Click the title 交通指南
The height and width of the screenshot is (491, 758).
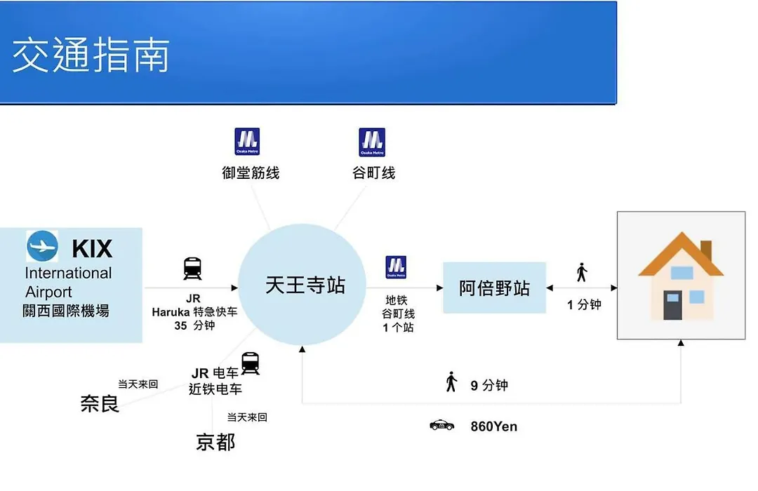[91, 55]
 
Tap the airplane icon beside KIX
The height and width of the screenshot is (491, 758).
[43, 246]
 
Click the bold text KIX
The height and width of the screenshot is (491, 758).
[92, 250]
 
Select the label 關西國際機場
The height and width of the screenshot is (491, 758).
[66, 311]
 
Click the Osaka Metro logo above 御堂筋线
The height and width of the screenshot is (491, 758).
[247, 142]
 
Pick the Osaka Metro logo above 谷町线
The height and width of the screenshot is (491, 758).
[372, 142]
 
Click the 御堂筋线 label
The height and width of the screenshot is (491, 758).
[251, 173]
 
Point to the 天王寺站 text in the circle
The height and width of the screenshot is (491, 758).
[305, 285]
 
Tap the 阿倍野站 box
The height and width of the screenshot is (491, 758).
[495, 288]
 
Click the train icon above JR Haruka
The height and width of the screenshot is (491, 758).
[192, 269]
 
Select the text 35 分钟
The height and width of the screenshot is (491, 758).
[194, 325]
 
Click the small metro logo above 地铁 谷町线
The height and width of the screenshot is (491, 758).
[396, 267]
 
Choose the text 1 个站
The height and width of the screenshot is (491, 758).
[399, 328]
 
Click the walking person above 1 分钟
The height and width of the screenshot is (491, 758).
[582, 272]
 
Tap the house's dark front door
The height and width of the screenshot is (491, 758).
[672, 305]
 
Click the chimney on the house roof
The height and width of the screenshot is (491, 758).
[706, 250]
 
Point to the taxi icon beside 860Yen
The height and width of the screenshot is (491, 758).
[442, 425]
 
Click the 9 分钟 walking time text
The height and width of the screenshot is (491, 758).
[489, 386]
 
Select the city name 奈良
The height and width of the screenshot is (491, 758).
[100, 403]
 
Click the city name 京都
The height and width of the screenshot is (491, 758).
[215, 442]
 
